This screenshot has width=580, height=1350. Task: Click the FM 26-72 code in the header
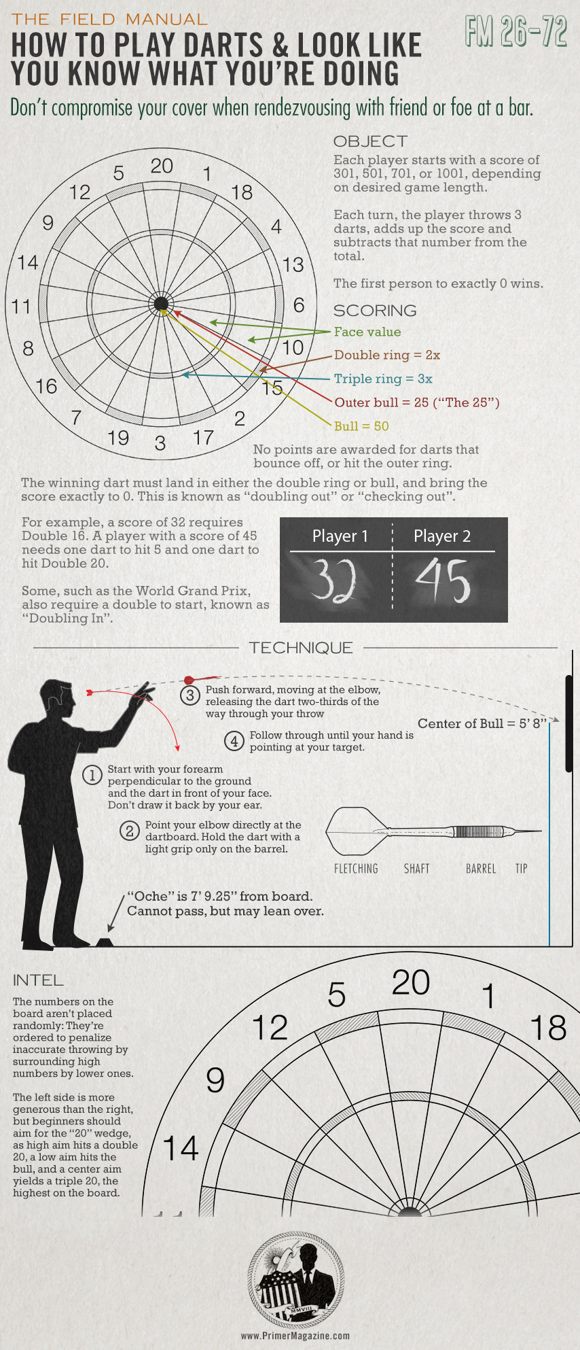pos(516,31)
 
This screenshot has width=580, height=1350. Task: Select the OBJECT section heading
pos(370,141)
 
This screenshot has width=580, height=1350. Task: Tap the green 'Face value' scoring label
pos(367,332)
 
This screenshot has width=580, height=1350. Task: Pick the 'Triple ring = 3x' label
pos(383,379)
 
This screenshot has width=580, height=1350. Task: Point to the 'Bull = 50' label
pos(361,426)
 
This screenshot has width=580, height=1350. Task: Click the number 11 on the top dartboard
pos(22,307)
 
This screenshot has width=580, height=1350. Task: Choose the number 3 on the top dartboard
pos(160,443)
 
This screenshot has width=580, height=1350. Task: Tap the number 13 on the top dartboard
pos(293,264)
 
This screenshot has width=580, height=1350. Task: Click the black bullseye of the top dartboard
pos(161,303)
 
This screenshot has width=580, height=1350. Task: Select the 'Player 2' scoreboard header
pos(442,536)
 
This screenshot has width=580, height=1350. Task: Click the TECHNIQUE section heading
pos(301,648)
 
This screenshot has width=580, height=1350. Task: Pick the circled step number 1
pos(92,776)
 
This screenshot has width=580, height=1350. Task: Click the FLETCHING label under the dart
pos(356,869)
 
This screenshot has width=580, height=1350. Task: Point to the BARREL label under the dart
pos(481,869)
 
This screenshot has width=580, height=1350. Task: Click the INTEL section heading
pos(38,980)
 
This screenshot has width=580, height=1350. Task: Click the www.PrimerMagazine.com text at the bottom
pos(295,1335)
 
